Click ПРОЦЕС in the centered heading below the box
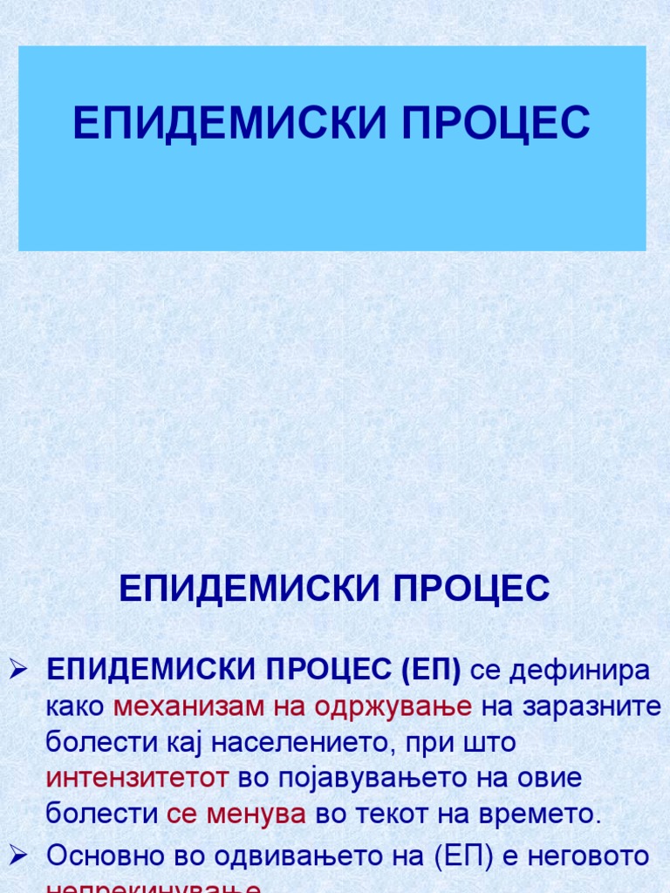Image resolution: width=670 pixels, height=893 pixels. [x=471, y=590]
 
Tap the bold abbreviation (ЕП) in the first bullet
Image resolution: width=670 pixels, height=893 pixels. [x=431, y=671]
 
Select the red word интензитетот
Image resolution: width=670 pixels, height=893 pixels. [x=138, y=778]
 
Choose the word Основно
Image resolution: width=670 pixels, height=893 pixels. [x=106, y=856]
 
